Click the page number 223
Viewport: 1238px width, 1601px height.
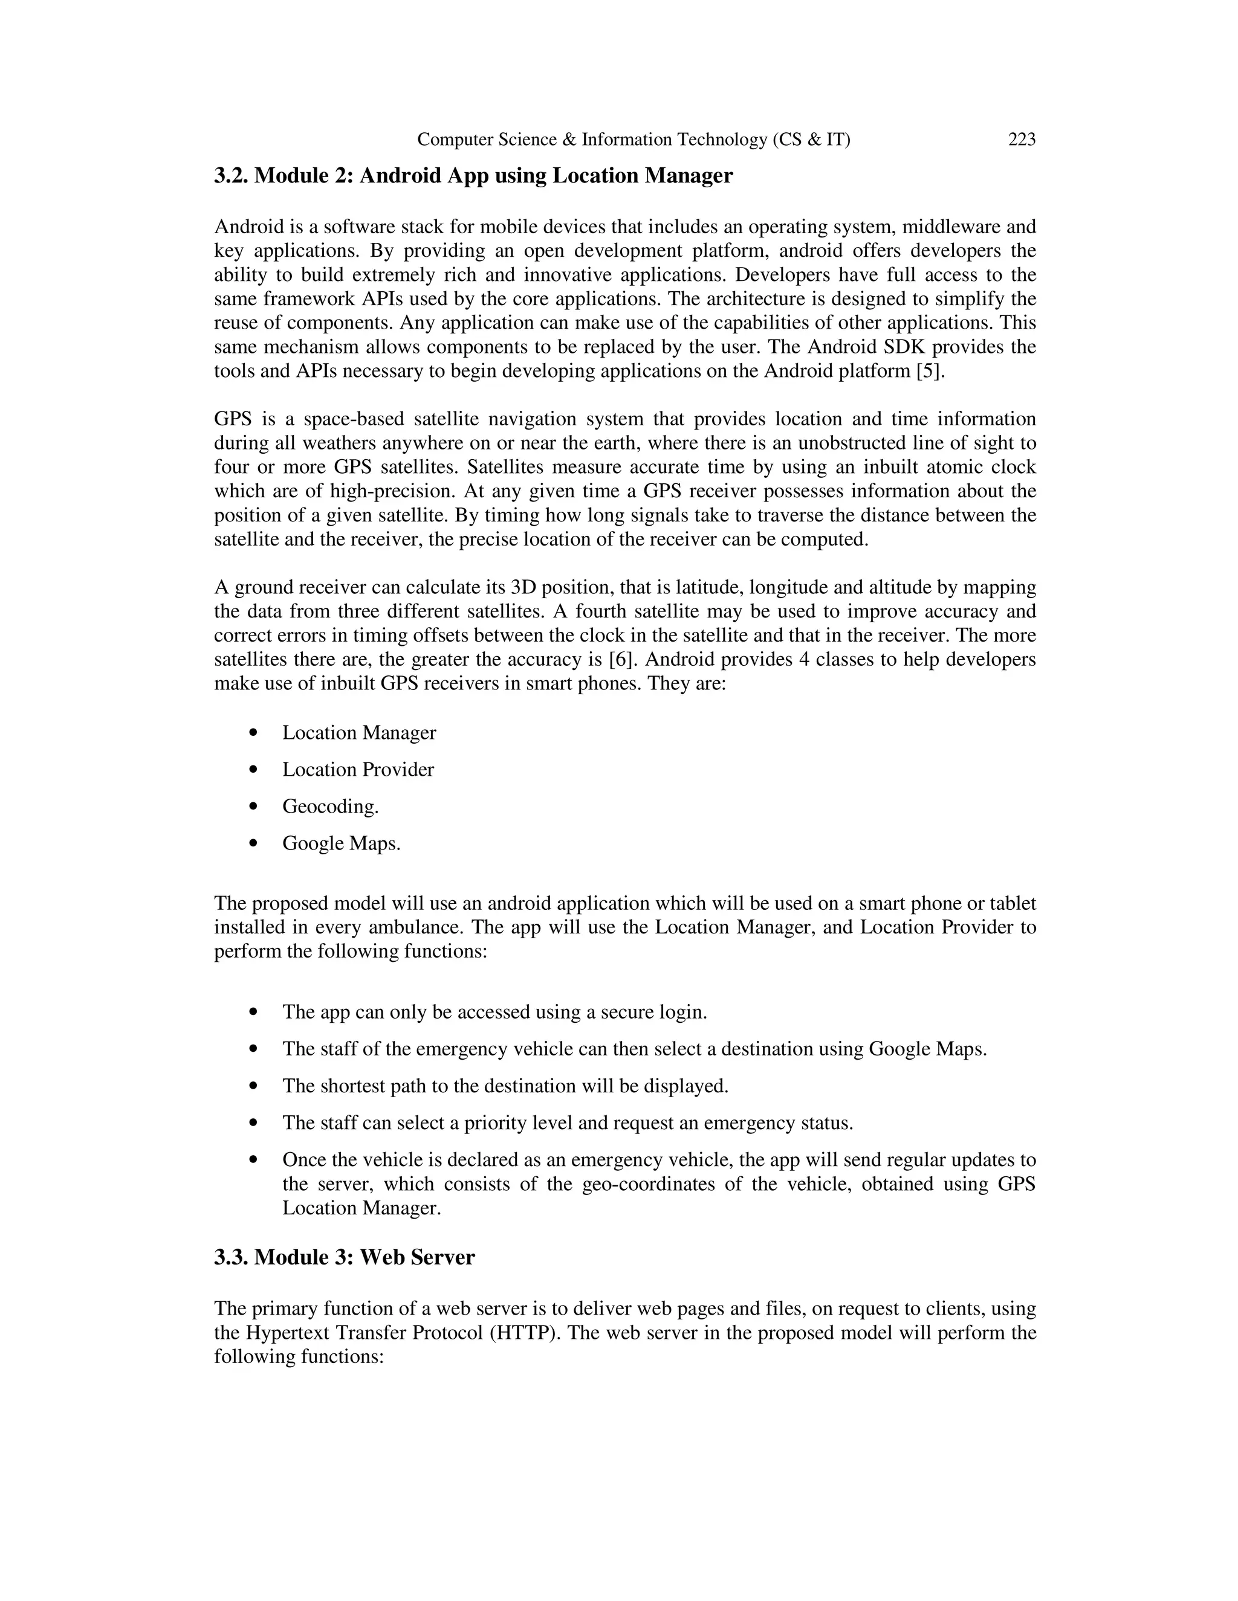1022,140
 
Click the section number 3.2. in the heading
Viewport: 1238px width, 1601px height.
231,176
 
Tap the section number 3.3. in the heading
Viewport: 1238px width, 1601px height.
231,1257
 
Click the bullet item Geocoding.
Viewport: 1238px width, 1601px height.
330,807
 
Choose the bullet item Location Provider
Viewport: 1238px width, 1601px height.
358,770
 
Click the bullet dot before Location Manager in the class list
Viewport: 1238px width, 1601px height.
254,732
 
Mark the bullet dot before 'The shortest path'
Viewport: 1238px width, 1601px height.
254,1086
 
